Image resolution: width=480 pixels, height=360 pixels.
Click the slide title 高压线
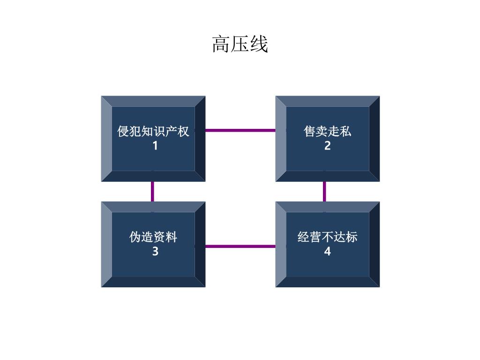240,44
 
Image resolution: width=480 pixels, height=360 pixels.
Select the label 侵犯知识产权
153,131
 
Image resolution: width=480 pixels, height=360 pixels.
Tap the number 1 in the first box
155,146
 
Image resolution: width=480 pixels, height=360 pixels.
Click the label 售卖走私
327,131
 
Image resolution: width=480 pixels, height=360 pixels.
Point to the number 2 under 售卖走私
328,146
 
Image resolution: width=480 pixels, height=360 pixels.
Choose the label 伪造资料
153,237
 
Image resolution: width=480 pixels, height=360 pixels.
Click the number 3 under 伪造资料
155,251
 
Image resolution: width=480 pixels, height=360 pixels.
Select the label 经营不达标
327,237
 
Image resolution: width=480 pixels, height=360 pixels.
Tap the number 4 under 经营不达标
328,251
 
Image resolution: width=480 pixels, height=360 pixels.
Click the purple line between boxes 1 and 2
240,130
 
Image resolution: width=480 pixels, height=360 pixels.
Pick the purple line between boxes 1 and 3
152,192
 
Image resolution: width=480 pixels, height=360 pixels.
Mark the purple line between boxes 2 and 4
324,192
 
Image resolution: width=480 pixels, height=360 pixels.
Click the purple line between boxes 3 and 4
240,247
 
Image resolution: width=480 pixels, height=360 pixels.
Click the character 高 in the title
221,44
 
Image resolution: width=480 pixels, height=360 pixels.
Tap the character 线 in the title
259,44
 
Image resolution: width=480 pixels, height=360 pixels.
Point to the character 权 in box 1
183,131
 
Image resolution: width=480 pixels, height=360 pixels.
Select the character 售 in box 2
309,131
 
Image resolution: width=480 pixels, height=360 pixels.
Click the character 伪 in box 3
135,237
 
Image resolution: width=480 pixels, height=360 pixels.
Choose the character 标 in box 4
352,237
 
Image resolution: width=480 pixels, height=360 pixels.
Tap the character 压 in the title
240,44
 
